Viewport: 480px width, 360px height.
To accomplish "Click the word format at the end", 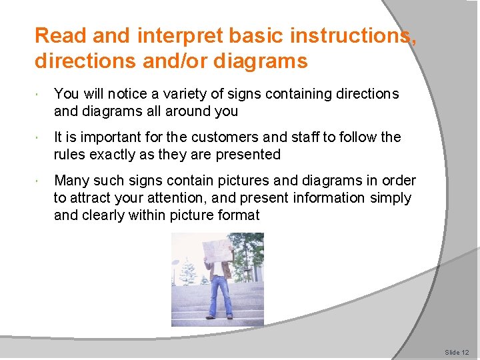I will click(237, 215).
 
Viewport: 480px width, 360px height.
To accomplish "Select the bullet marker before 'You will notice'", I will click(40, 95).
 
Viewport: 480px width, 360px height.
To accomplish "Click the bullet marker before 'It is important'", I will click(40, 138).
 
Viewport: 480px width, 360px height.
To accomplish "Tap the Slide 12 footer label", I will click(457, 352).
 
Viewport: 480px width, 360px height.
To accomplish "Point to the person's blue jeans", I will click(220, 293).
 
